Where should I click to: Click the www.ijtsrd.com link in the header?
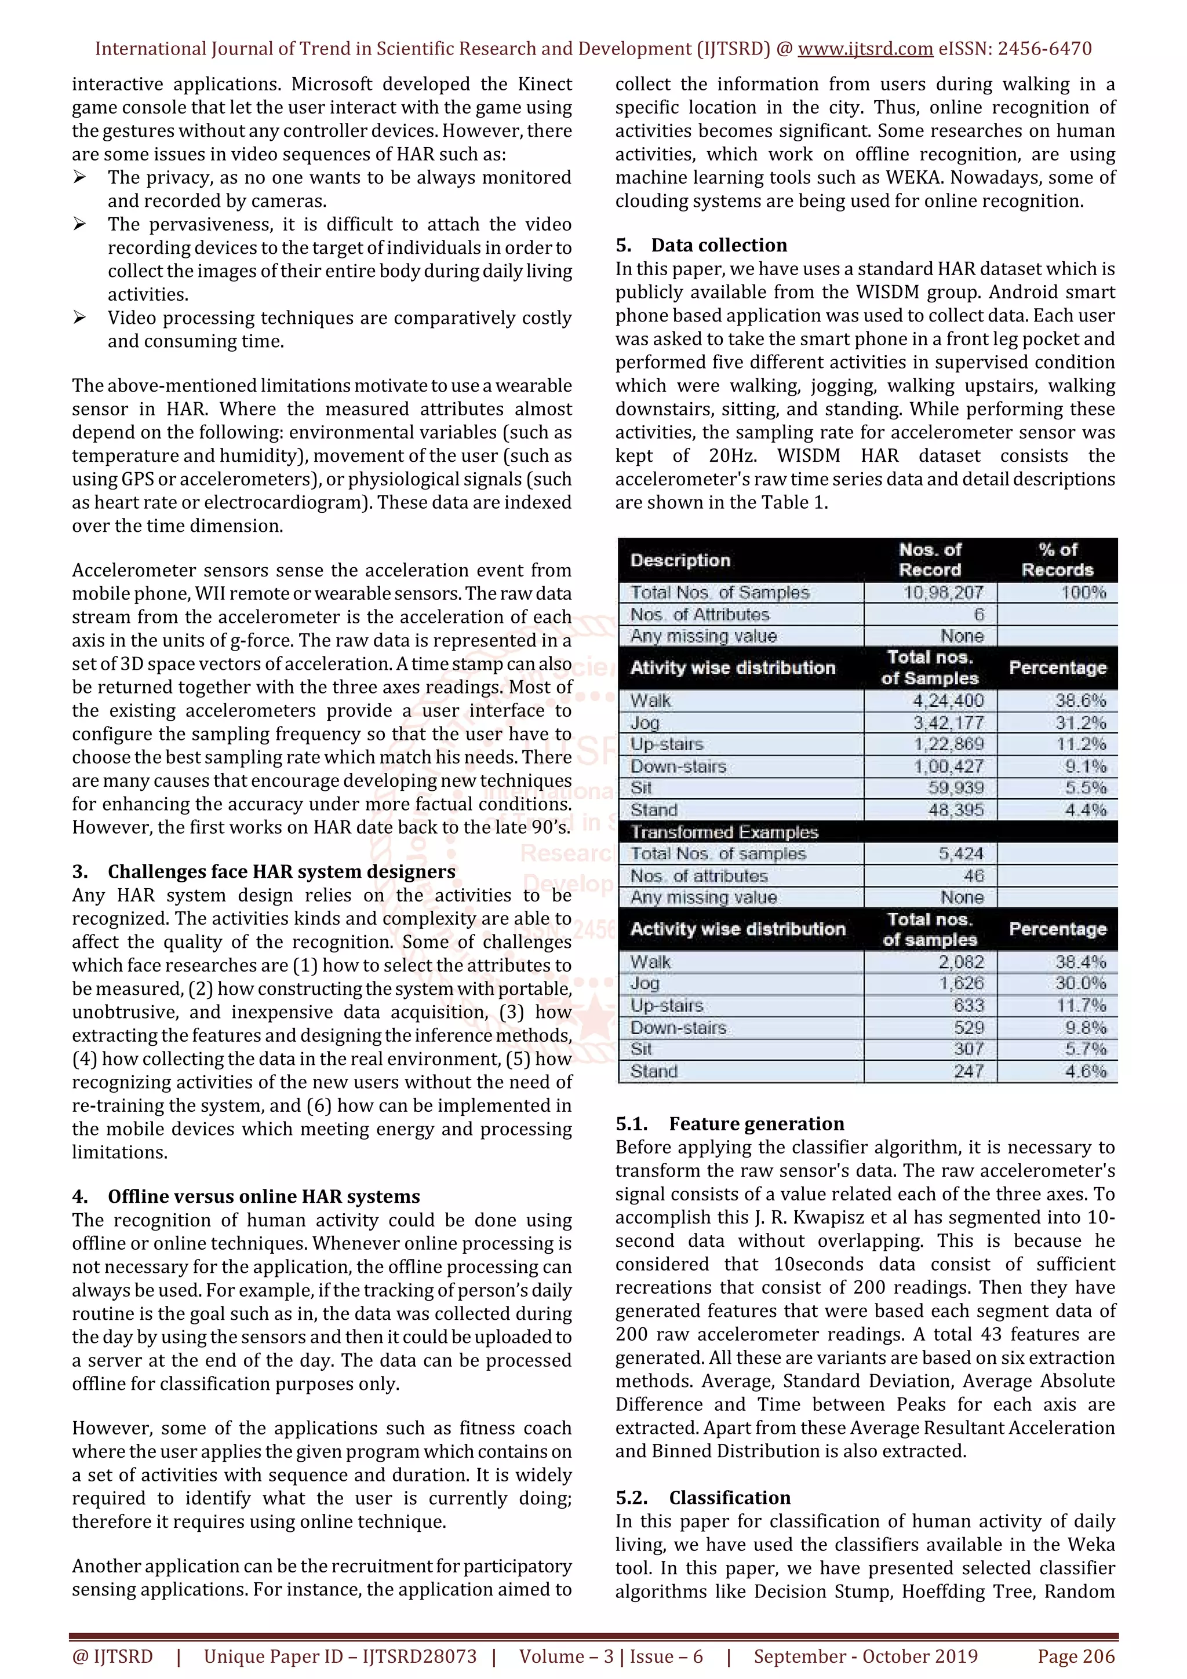point(865,49)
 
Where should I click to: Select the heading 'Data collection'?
point(719,245)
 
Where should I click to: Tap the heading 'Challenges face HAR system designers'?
point(282,872)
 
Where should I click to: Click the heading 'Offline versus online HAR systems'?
point(264,1196)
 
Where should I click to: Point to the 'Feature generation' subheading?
point(756,1124)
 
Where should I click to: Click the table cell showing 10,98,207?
point(943,592)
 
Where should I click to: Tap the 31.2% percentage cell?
point(1080,722)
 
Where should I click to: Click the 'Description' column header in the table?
point(680,560)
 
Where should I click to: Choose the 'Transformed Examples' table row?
point(724,832)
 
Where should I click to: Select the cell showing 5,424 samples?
point(961,853)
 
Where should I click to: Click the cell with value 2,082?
point(961,962)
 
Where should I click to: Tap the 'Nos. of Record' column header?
point(930,560)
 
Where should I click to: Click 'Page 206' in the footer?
point(1076,1656)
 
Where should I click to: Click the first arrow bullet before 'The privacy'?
point(80,178)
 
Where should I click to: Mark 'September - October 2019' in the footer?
point(865,1656)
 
